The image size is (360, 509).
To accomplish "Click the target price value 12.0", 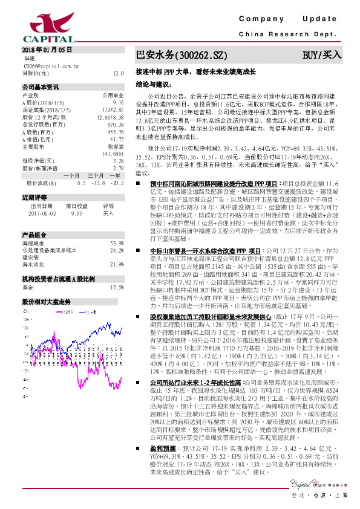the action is (x=119, y=73).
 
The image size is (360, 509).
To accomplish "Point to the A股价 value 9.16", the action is (x=118, y=103).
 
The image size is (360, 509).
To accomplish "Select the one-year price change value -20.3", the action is (x=116, y=182).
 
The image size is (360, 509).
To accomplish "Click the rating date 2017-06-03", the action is (x=41, y=213).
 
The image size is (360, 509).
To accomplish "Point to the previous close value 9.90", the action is (x=77, y=213).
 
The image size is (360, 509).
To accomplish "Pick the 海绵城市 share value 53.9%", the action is (x=117, y=243).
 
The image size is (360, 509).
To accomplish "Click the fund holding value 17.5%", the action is (x=117, y=287).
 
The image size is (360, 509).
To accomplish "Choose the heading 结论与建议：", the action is (x=154, y=84).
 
